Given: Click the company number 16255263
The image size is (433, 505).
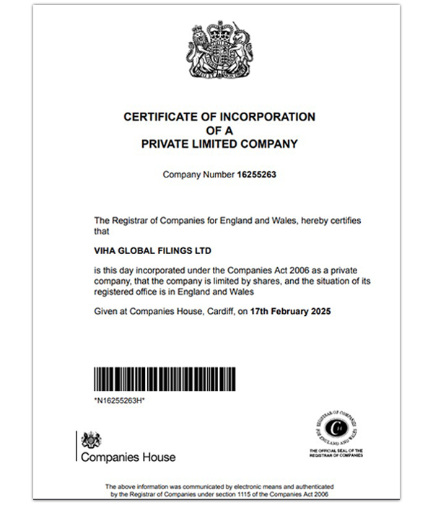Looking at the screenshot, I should tap(258, 175).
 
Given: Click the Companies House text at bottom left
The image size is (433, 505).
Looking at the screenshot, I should tap(128, 457).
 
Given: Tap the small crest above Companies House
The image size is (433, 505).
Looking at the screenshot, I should tap(91, 440).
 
